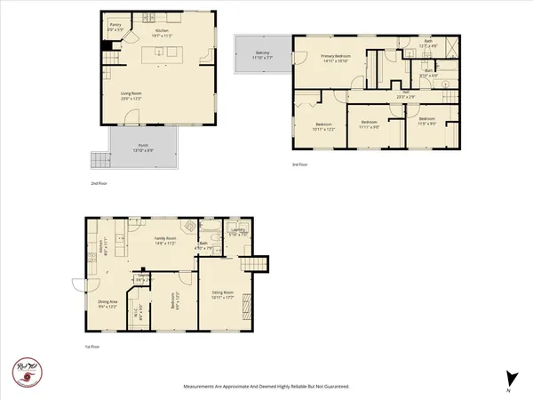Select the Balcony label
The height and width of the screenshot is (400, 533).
click(x=263, y=55)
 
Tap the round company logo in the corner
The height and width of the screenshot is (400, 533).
click(x=25, y=371)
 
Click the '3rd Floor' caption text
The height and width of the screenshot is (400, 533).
click(x=301, y=165)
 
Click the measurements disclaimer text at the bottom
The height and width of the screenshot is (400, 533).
click(x=266, y=387)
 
